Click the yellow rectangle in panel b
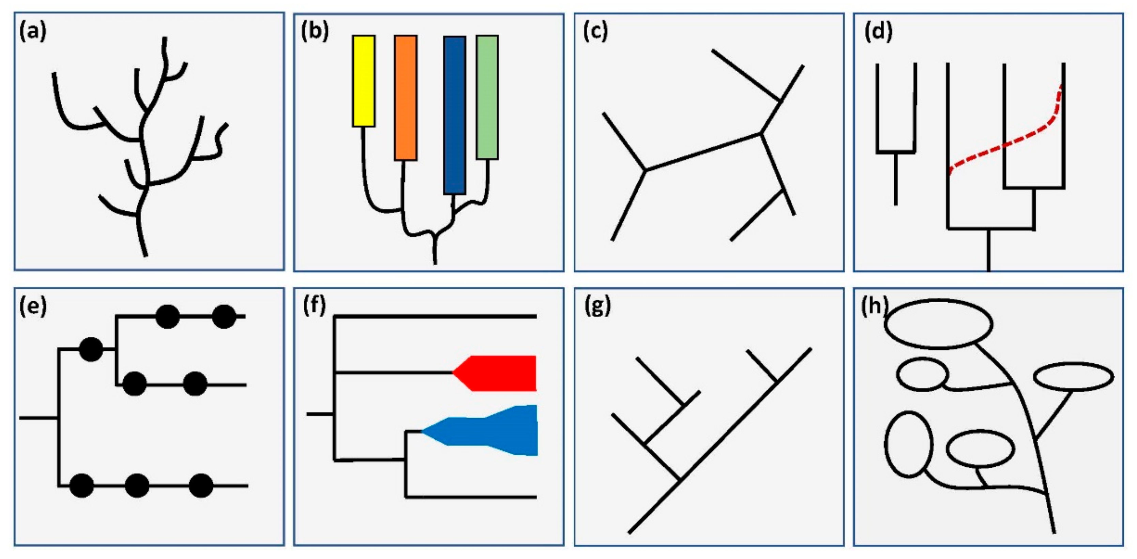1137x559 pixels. coord(364,81)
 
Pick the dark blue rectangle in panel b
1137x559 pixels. coord(454,115)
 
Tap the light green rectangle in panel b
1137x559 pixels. coord(487,97)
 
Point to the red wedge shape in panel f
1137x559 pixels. coord(499,373)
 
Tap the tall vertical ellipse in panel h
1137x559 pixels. coord(909,444)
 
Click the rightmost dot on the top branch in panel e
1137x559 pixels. coord(224,317)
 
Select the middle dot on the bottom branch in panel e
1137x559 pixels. coord(137,486)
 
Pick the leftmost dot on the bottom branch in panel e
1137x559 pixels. coord(82,486)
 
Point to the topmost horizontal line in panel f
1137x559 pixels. coord(435,316)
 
